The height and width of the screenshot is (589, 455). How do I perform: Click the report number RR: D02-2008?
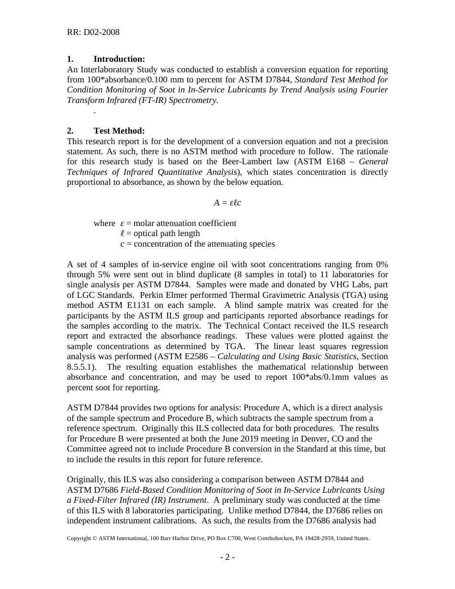(93, 33)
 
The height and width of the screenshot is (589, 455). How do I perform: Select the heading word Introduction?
(119, 59)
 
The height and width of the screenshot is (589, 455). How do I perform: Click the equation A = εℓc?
(227, 203)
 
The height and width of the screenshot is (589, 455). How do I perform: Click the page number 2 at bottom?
(227, 557)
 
